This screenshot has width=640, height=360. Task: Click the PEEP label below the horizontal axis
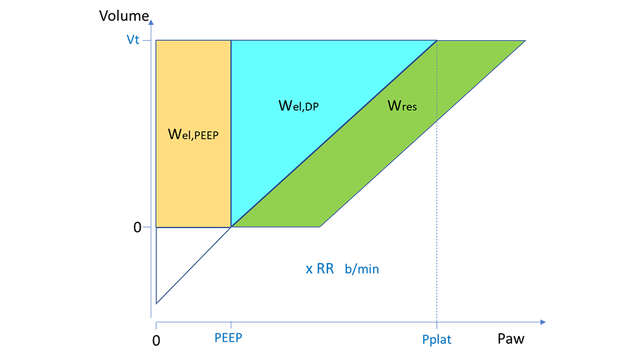click(x=229, y=338)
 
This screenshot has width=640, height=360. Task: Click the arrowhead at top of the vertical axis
click(x=150, y=19)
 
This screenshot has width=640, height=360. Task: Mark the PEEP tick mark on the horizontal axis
click(x=231, y=323)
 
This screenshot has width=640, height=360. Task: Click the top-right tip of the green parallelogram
click(x=525, y=41)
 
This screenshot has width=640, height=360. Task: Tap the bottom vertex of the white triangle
click(x=155, y=303)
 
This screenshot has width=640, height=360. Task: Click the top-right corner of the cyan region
click(x=436, y=41)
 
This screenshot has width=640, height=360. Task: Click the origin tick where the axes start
click(x=152, y=323)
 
